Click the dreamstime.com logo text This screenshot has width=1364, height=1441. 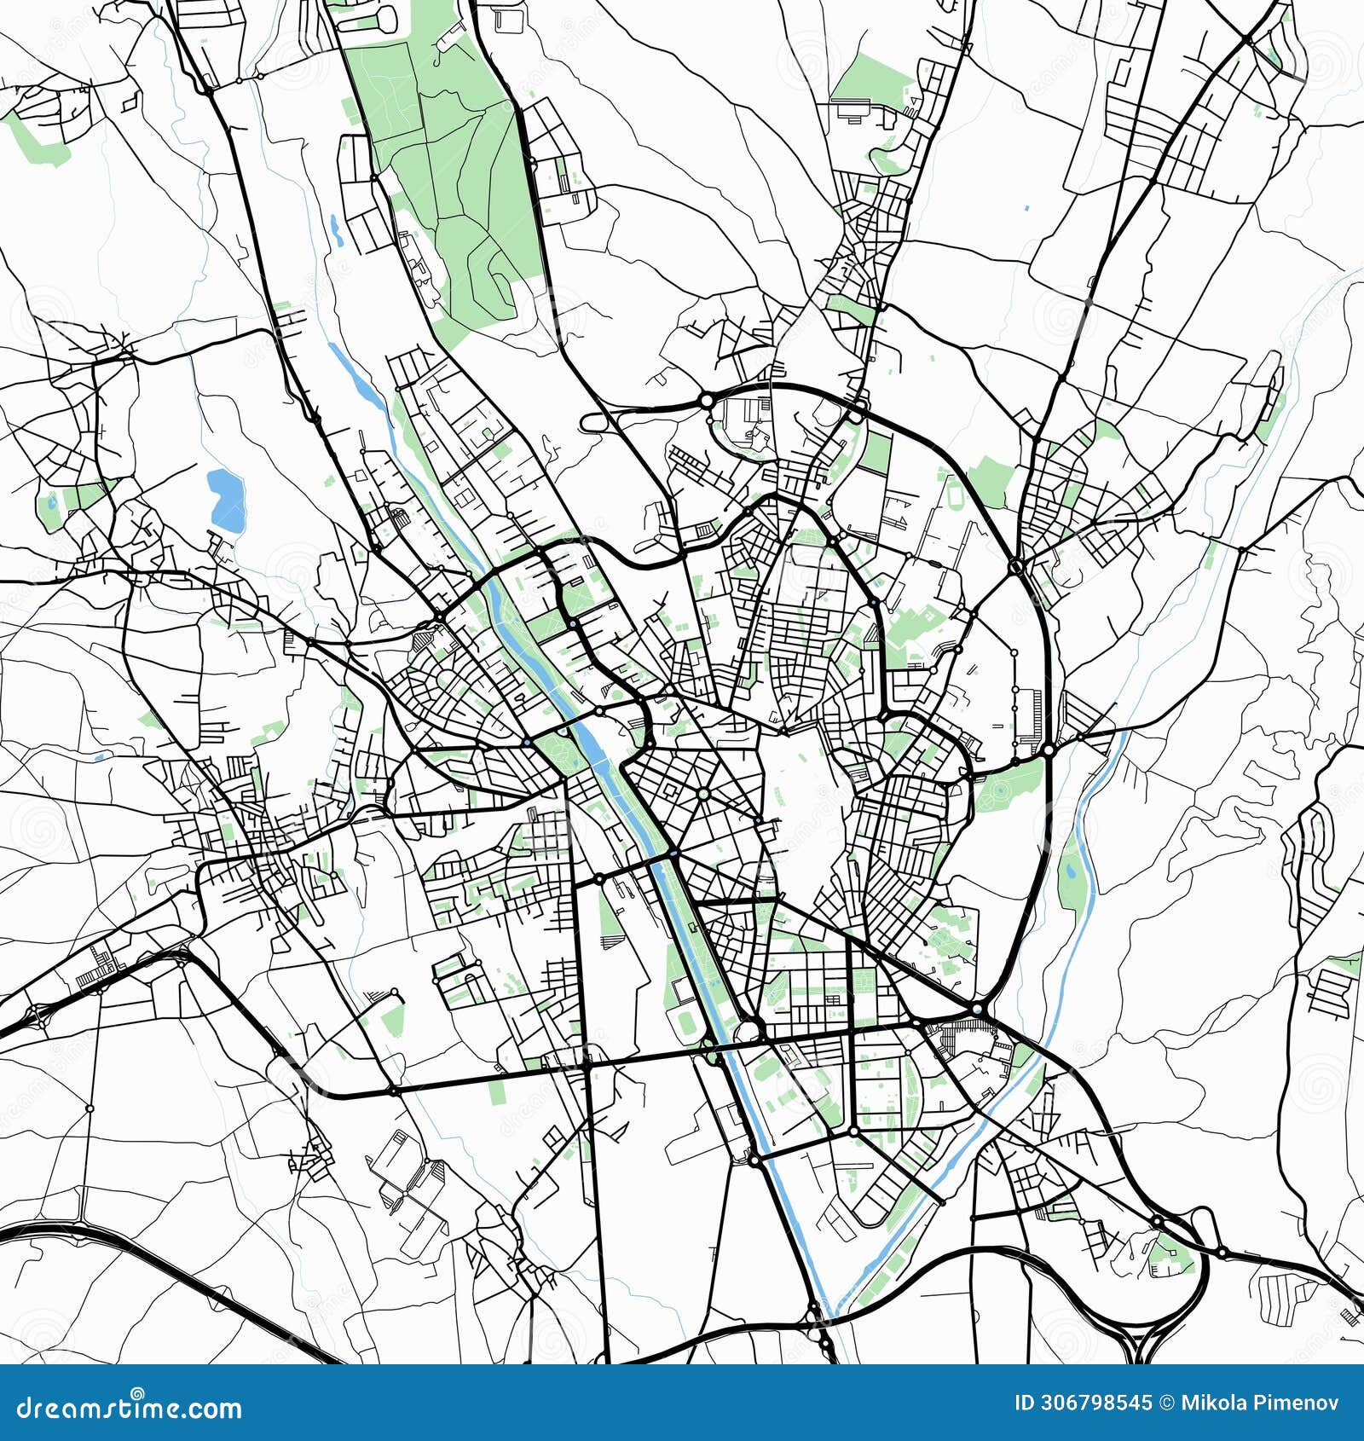click(x=130, y=1408)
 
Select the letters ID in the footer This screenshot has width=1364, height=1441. click(x=1024, y=1403)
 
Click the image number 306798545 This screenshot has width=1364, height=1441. click(x=1095, y=1403)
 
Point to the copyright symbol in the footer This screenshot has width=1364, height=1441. click(x=1166, y=1403)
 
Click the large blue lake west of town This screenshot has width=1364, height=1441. click(x=227, y=498)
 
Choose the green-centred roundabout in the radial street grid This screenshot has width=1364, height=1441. click(x=703, y=794)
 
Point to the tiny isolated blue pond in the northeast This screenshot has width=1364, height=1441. click(x=1026, y=207)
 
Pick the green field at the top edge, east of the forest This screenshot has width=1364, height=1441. click(x=870, y=81)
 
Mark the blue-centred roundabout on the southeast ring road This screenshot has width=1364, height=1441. click(x=977, y=1010)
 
